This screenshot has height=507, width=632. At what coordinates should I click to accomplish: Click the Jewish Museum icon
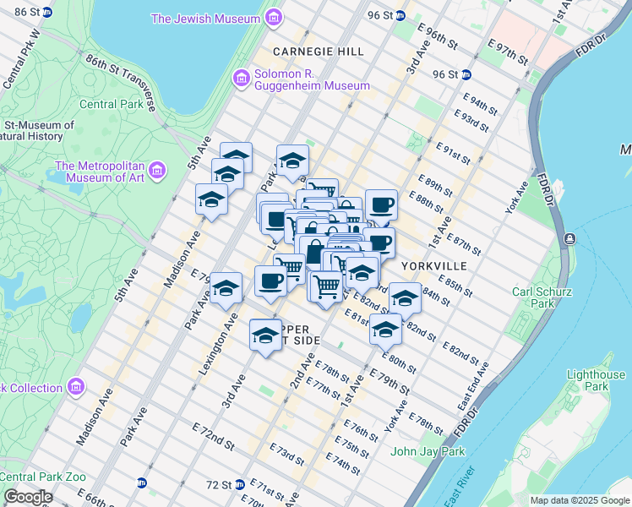(273, 18)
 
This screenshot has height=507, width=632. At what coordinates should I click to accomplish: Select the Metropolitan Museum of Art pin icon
(156, 172)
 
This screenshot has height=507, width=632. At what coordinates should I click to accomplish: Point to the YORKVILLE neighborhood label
(433, 265)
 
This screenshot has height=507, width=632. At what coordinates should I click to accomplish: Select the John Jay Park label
(428, 451)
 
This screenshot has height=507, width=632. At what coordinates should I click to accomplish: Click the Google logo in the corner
(28, 497)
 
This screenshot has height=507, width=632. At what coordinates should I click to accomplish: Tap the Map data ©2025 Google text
(579, 500)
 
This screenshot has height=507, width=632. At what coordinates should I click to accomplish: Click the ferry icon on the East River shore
(571, 239)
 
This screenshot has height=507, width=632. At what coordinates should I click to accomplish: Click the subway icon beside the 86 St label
(46, 13)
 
